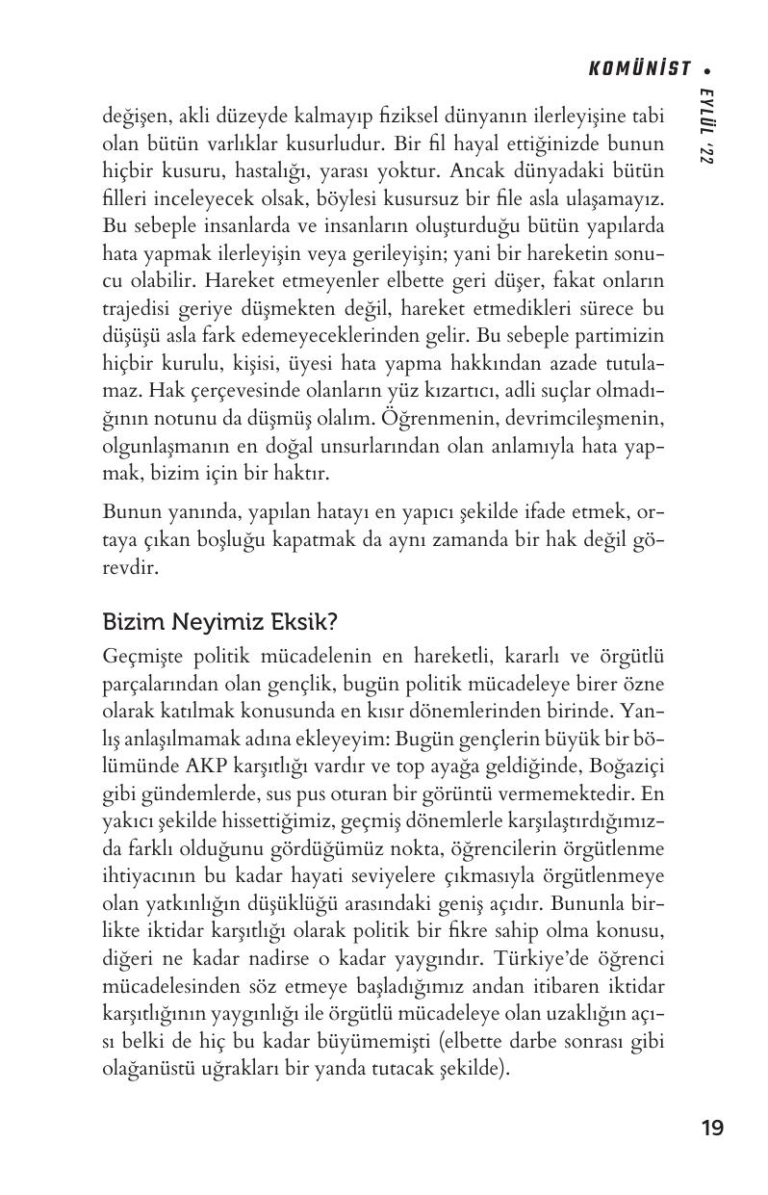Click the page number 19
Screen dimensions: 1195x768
click(x=712, y=1128)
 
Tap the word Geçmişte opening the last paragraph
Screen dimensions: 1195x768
click(x=143, y=659)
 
